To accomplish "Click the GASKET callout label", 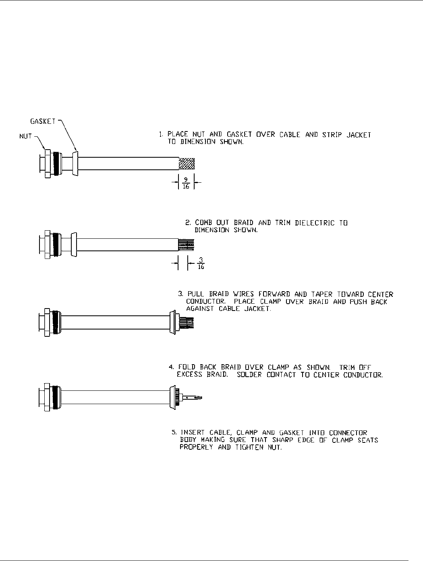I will pyautogui.click(x=43, y=121).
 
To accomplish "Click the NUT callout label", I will pyautogui.click(x=26, y=137).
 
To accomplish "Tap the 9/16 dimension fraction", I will pyautogui.click(x=187, y=184).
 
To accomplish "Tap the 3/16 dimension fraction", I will pyautogui.click(x=200, y=264).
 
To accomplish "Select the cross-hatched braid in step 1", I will pyautogui.click(x=187, y=163).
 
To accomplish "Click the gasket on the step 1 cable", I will pyautogui.click(x=75, y=163).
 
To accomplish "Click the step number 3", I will pyautogui.click(x=180, y=294).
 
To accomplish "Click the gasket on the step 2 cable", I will pyautogui.click(x=73, y=244).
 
